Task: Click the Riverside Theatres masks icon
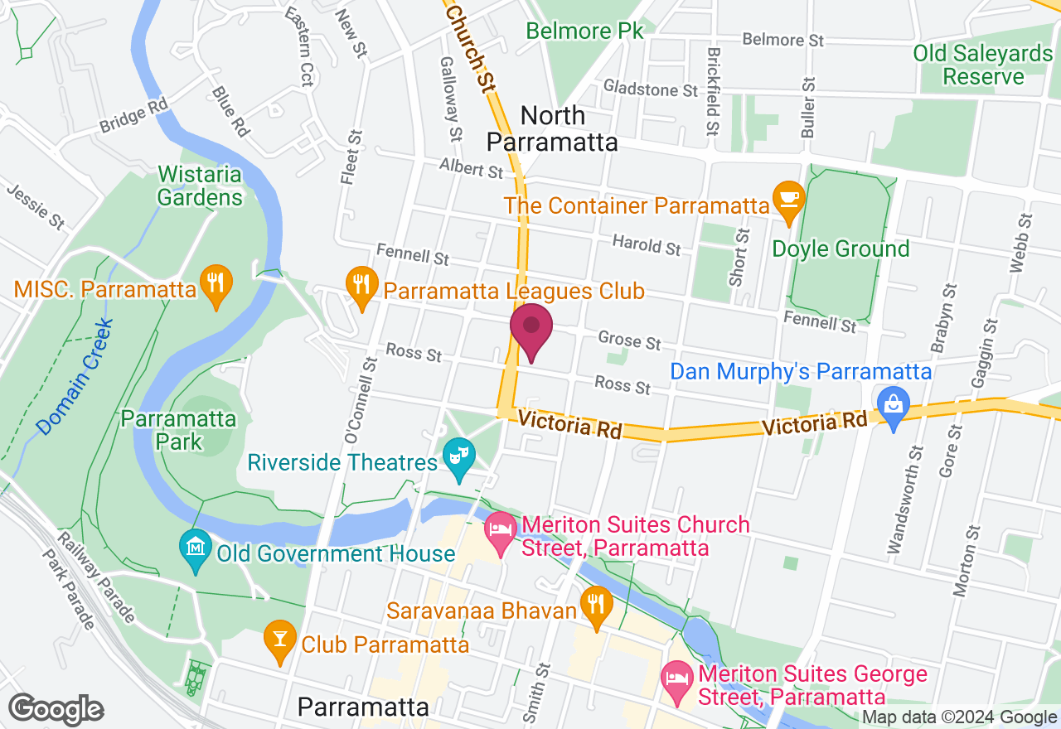(x=457, y=457)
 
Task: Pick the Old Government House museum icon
(x=196, y=548)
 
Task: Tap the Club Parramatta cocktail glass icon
(x=280, y=639)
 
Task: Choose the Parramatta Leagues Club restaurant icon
(x=361, y=285)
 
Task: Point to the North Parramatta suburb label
(x=552, y=128)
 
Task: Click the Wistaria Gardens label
(x=200, y=186)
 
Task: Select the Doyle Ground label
(x=841, y=249)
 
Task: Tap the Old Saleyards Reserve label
(x=983, y=65)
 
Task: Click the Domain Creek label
(x=75, y=376)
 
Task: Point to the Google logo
(x=56, y=710)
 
